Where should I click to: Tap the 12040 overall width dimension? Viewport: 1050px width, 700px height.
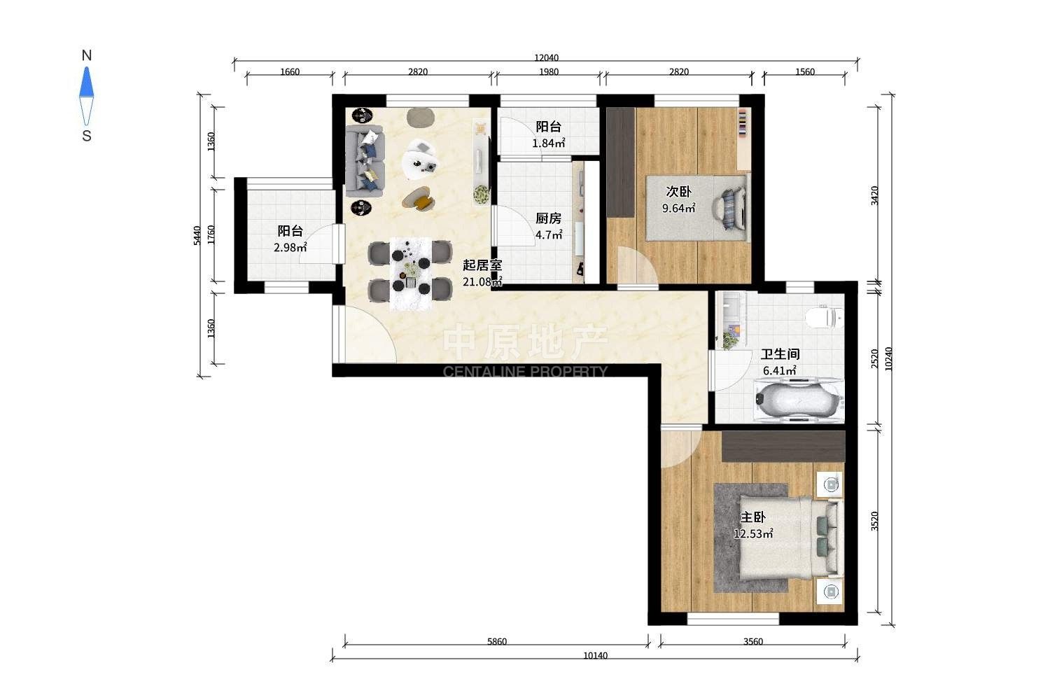pos(546,57)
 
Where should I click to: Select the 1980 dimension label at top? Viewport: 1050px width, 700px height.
pos(548,71)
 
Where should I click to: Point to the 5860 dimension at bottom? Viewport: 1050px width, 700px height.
pos(497,641)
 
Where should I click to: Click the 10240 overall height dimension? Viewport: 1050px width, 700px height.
pos(888,359)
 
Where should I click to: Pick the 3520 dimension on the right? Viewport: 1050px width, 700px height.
pos(874,521)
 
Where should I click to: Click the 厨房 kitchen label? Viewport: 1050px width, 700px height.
pos(548,218)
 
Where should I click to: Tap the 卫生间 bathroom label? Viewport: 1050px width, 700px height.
pos(780,354)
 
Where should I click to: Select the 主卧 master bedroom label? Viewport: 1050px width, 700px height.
pos(752,517)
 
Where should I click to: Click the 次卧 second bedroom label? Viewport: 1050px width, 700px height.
pos(679,191)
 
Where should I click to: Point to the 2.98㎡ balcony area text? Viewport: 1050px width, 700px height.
pos(290,247)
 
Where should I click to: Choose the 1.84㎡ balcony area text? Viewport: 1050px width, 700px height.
pos(548,143)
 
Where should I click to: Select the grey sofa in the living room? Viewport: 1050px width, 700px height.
pos(365,161)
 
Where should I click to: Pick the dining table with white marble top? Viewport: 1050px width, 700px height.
pos(411,274)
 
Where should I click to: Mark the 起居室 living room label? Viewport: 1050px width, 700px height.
pos(482,265)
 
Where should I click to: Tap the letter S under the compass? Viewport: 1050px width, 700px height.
pos(87,136)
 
